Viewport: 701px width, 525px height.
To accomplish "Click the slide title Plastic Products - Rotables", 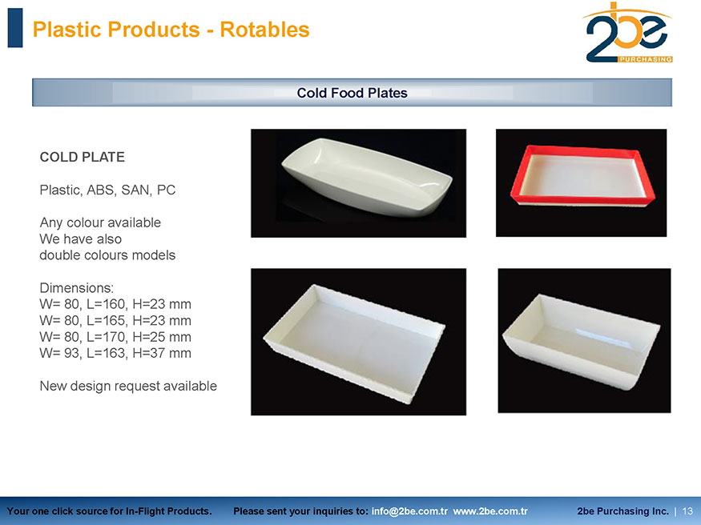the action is coord(171,30).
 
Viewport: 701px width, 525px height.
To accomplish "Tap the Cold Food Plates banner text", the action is coord(352,93).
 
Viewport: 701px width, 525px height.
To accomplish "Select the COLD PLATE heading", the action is coord(83,157).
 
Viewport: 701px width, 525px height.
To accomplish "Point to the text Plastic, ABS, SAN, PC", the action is coord(107,190).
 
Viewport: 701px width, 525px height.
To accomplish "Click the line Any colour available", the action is coord(100,222).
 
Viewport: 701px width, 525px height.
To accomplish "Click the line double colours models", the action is coord(107,255).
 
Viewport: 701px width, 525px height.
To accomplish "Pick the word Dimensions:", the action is coord(76,287).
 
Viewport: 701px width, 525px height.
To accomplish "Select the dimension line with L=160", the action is coord(115,304).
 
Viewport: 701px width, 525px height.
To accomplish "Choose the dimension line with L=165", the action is coord(115,321).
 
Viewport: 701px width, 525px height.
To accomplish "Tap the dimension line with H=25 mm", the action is coord(115,337).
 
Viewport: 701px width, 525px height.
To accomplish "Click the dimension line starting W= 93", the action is coord(115,353).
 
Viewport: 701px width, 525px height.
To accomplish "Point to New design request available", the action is coord(128,386).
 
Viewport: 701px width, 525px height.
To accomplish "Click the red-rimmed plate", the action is coord(582,175).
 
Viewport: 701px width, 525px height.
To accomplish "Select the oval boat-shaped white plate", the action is coord(367,177).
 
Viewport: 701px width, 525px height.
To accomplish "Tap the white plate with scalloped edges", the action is coord(354,343).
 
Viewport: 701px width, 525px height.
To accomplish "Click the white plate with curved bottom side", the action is coord(581,342).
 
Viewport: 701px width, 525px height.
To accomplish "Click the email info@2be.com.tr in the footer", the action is coord(409,511).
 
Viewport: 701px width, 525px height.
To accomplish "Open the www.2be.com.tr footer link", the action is coord(490,511).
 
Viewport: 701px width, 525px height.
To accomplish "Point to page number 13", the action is coord(687,511).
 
